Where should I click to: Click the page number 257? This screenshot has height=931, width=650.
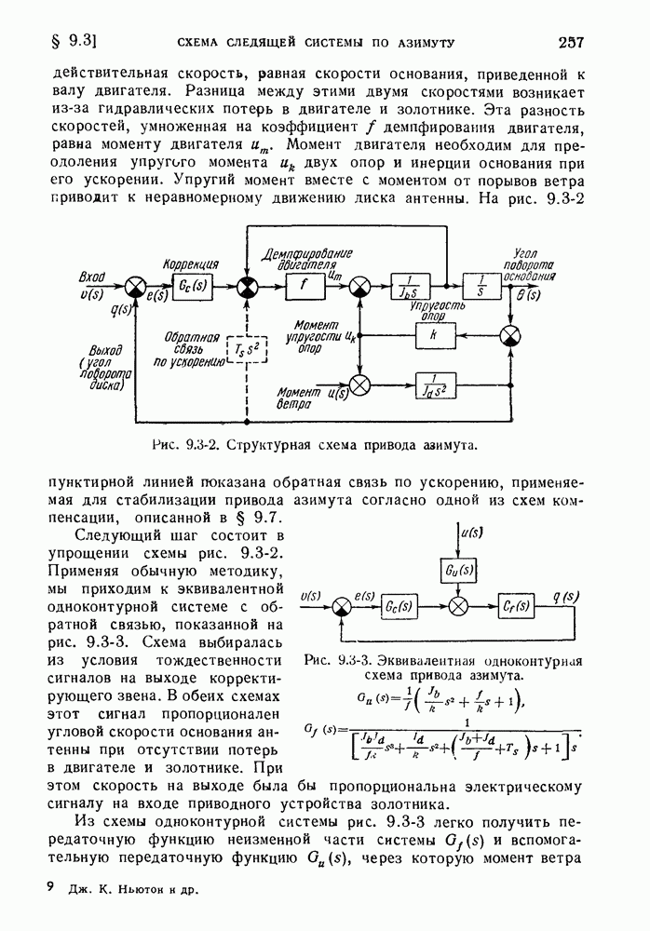570,42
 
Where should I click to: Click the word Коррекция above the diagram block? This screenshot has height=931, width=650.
191,264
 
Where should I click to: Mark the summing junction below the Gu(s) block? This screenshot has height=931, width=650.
456,605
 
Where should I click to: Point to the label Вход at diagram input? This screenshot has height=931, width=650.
92,277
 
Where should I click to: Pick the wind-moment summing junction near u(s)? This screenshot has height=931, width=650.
359,384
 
